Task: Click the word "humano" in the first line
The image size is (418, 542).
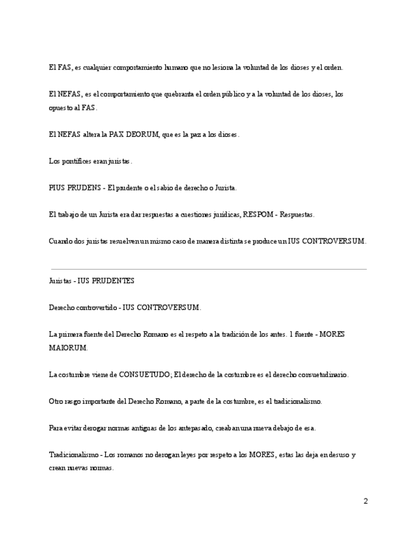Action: point(177,67)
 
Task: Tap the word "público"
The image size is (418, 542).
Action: point(228,94)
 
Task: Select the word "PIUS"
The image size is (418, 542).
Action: point(57,189)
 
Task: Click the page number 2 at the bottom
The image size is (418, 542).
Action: point(366,502)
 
